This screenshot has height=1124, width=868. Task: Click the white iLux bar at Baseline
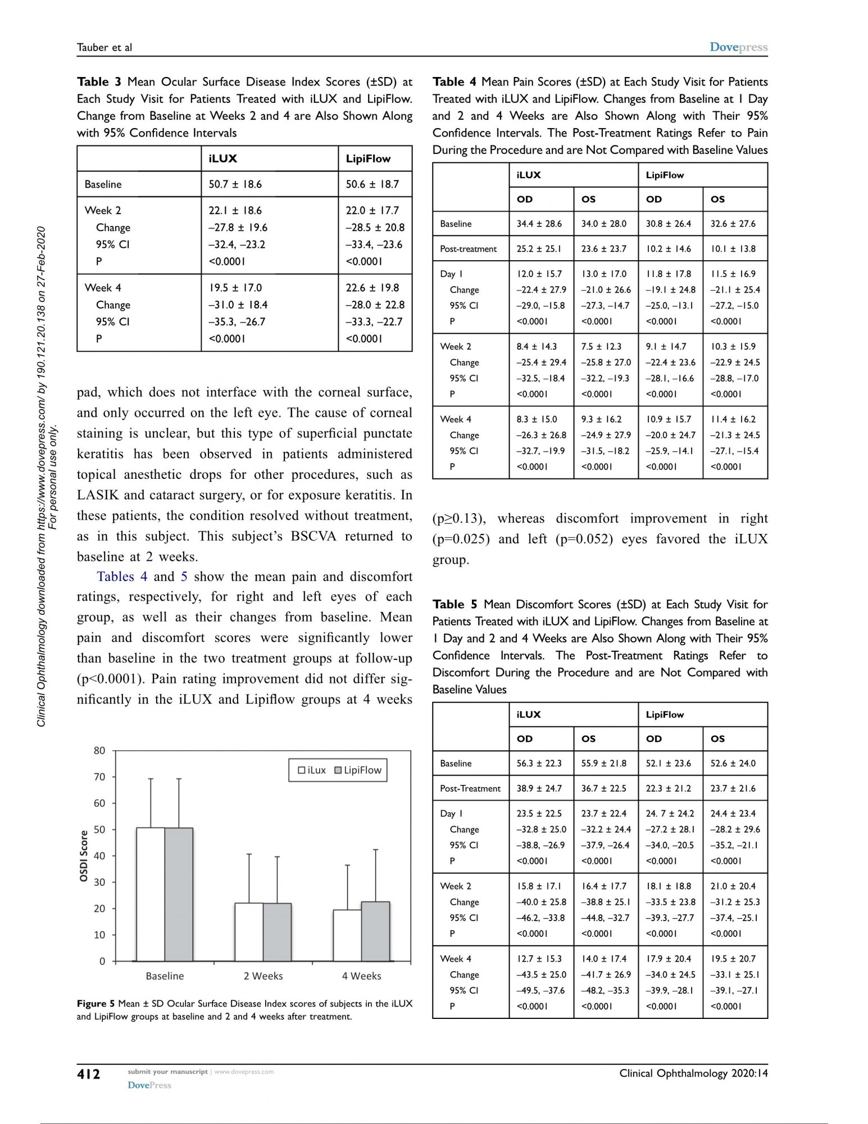tap(151, 894)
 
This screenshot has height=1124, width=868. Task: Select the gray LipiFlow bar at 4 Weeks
tap(375, 931)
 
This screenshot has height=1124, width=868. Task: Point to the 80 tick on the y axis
tap(99, 751)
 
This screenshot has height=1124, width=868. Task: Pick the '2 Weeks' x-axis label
tap(263, 976)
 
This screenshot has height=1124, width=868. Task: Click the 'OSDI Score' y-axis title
tap(84, 855)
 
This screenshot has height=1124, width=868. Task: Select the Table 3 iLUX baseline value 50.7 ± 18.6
tap(235, 184)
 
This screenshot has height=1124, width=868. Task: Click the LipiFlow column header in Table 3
tap(368, 158)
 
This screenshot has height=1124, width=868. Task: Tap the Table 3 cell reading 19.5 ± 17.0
tap(235, 288)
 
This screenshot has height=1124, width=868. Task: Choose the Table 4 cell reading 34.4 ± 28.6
tap(539, 224)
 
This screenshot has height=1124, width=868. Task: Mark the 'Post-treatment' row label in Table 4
tap(468, 249)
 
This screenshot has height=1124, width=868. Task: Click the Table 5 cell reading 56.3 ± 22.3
tap(539, 763)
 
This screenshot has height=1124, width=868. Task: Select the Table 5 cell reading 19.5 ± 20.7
tap(733, 959)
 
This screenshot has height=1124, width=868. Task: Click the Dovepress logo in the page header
tap(738, 47)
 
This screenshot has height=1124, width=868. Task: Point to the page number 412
tap(89, 1074)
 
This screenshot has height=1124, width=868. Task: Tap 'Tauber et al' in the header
tap(104, 47)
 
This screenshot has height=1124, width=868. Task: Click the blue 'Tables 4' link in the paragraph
tap(122, 577)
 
